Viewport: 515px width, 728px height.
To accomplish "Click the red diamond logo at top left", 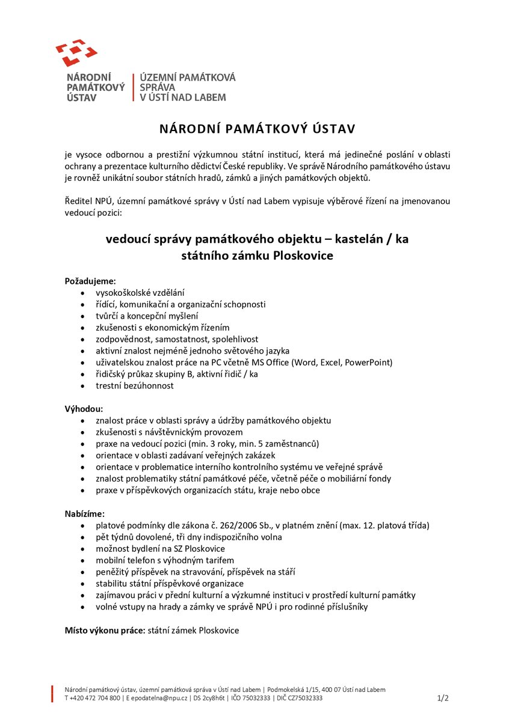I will coord(76,53).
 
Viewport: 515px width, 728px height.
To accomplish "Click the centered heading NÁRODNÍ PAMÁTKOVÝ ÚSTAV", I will coord(257,129).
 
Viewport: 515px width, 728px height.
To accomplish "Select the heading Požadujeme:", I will coord(90,281).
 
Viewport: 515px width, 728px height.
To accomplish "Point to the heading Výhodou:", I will coord(84,409).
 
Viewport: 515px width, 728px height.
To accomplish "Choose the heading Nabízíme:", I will coord(84,513).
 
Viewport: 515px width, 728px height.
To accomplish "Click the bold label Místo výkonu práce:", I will coord(105,630).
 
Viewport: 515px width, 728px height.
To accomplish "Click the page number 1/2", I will coord(443,698).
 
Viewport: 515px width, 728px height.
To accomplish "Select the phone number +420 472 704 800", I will coord(95,698).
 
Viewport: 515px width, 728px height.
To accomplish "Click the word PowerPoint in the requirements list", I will coord(369,362).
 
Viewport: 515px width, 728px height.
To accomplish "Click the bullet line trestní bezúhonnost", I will coord(135,386).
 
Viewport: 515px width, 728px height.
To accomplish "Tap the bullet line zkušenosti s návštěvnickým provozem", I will coord(169,432).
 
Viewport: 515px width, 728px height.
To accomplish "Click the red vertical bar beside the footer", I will coord(52,693).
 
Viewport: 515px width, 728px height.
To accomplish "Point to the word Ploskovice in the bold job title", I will coord(303,255).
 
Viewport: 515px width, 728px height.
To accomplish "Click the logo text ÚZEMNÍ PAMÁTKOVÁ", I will coord(188,78).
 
